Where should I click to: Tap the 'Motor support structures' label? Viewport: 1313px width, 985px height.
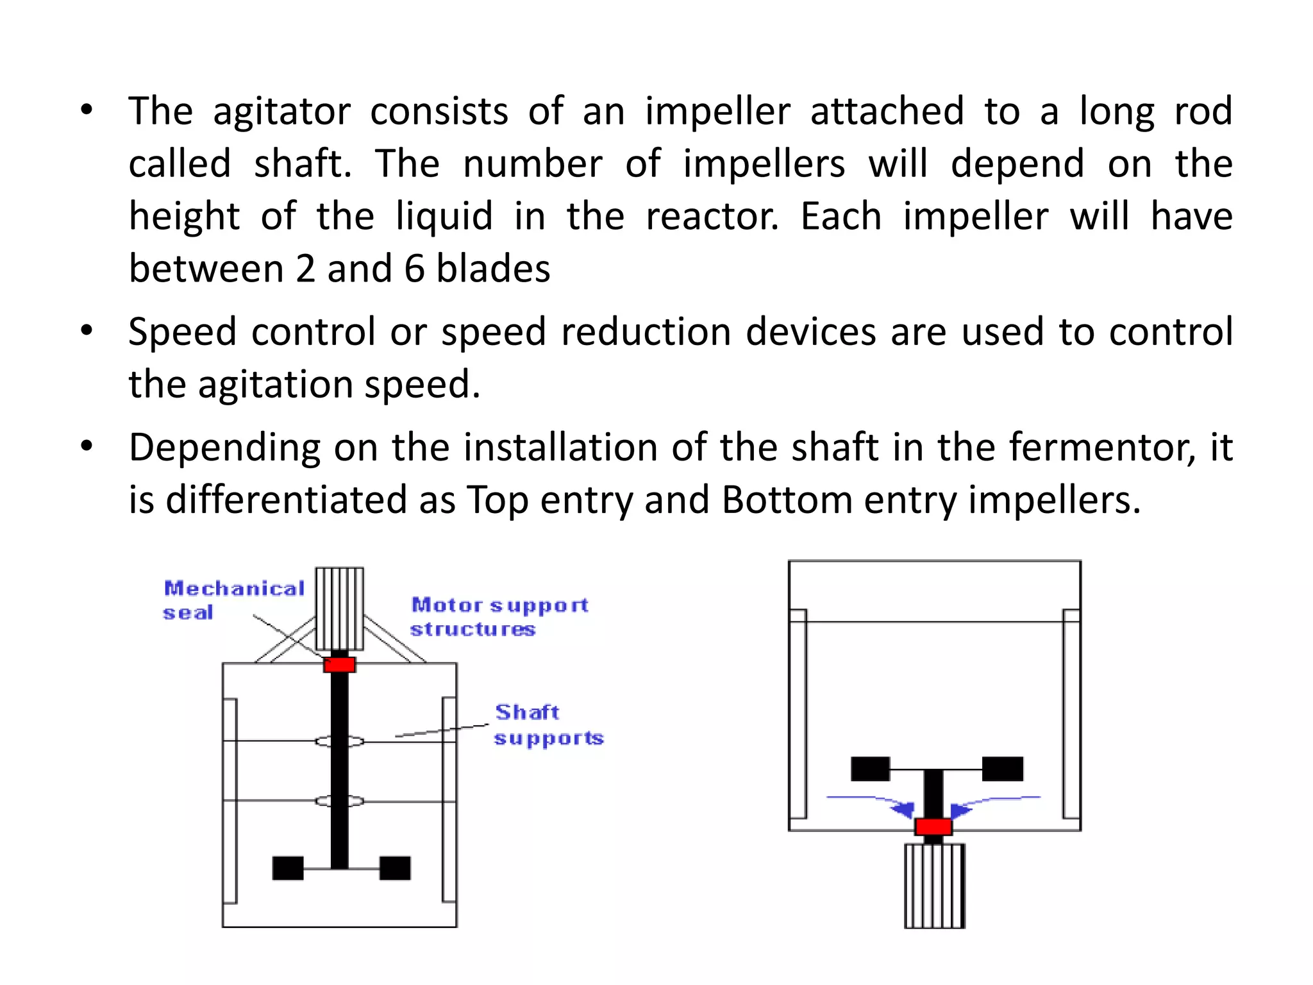(499, 616)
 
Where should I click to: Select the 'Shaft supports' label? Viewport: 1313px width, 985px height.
(548, 725)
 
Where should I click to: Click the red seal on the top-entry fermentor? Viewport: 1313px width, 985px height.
(339, 664)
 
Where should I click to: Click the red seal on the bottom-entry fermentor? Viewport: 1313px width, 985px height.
(933, 827)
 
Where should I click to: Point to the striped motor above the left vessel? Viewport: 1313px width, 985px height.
(339, 608)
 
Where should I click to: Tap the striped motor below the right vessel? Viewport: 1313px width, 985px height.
(934, 886)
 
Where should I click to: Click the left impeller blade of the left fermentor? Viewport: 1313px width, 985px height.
(288, 868)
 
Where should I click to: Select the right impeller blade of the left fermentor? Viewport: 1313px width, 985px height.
(395, 868)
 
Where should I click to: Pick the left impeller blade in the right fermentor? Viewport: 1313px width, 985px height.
(870, 769)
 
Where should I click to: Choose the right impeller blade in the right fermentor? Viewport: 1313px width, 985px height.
(1003, 769)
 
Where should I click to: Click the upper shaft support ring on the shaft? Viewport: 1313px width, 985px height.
(339, 741)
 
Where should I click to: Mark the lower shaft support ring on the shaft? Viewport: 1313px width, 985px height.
(339, 801)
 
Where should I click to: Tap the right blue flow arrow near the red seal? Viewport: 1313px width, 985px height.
(962, 809)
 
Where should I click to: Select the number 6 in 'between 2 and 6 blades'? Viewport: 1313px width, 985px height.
(414, 269)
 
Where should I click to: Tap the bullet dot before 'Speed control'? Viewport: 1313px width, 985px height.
(87, 332)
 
